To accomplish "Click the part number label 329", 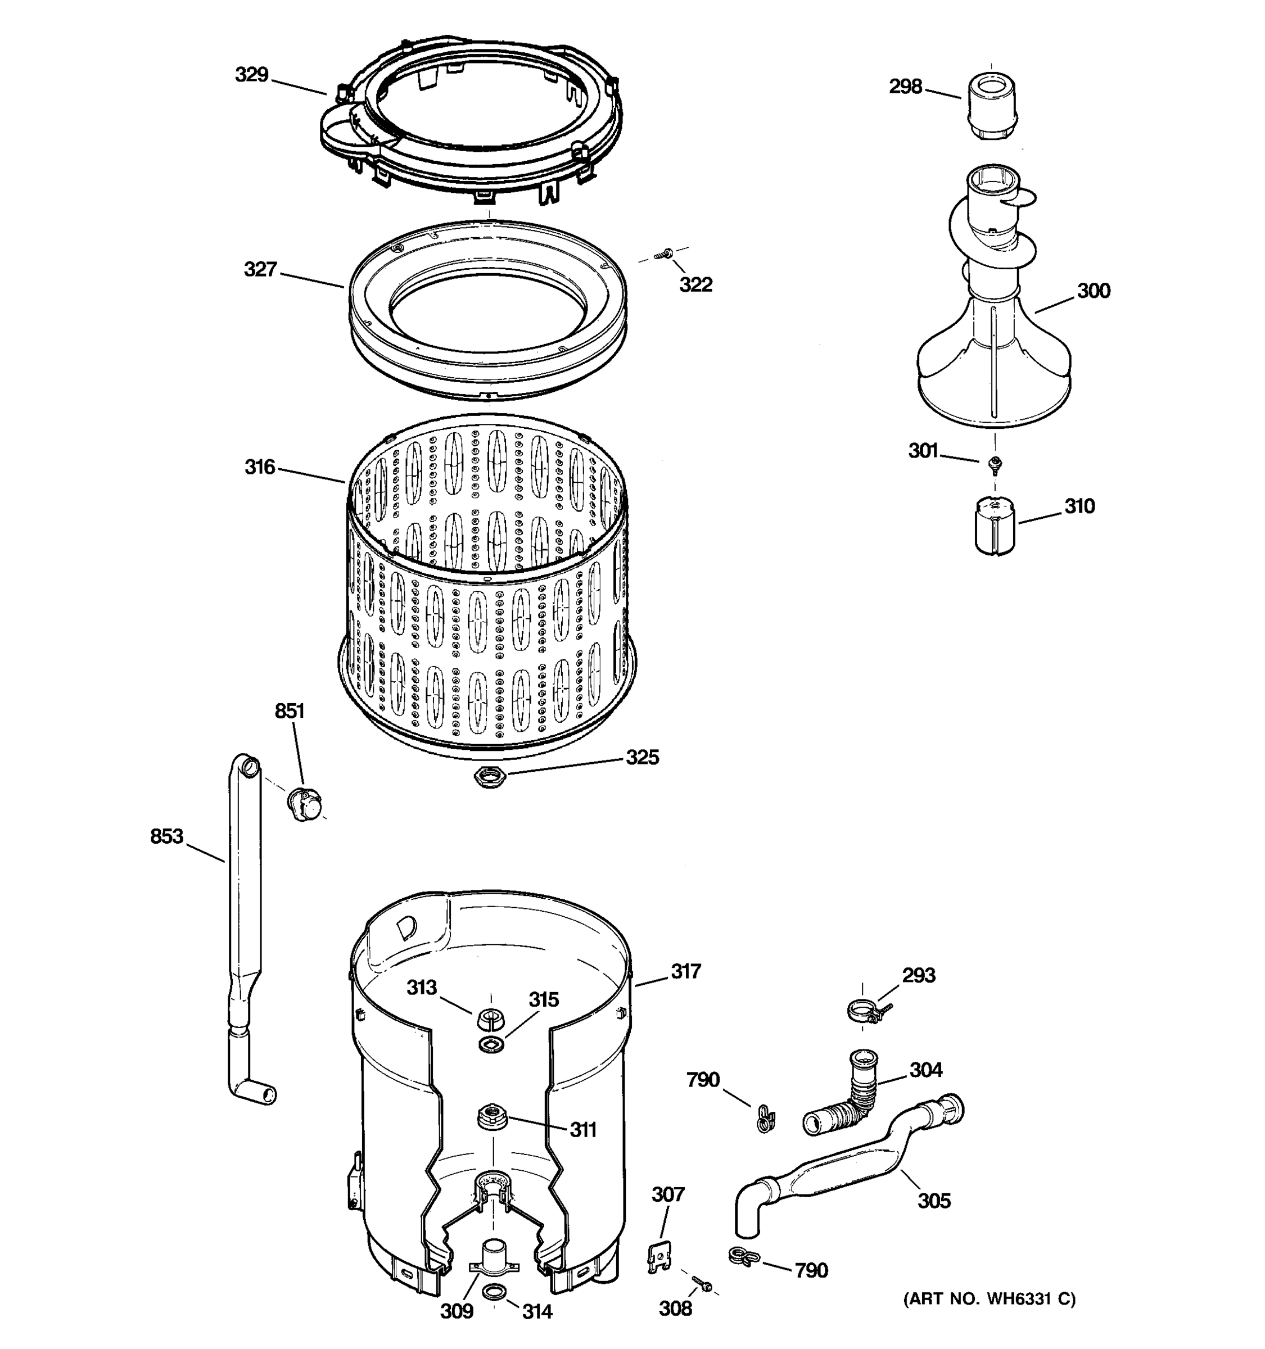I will click(x=251, y=75).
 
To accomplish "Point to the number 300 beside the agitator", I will click(x=1094, y=291).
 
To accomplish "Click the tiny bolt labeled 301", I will click(x=996, y=464).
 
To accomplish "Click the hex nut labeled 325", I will click(x=490, y=776).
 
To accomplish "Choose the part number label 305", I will click(x=934, y=1201).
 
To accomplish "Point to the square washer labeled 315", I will click(x=491, y=1044).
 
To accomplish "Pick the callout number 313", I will click(x=422, y=988).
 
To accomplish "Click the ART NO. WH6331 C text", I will click(x=989, y=1299).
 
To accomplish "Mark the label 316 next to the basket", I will click(x=259, y=467).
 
